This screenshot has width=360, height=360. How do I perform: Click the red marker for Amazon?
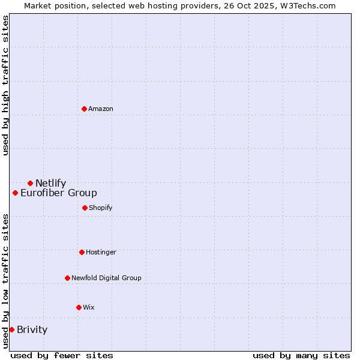tap(84, 109)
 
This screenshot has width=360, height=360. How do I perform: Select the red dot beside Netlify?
tap(30, 183)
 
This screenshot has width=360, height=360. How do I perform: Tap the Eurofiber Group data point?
tap(15, 193)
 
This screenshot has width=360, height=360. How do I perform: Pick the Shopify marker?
tap(85, 208)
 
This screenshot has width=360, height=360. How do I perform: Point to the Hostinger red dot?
tap(82, 252)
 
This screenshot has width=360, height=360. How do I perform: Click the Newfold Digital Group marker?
tap(67, 278)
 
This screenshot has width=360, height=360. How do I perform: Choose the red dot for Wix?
tap(79, 307)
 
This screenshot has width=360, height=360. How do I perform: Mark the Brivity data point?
tap(11, 329)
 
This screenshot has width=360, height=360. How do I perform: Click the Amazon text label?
tap(101, 109)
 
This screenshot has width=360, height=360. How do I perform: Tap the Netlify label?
tap(50, 184)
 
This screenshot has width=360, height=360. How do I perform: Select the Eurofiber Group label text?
tap(58, 193)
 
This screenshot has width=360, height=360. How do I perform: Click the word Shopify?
tap(100, 208)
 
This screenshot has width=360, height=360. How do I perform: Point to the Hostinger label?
tap(101, 253)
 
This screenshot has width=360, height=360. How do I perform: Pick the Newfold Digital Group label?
tap(106, 278)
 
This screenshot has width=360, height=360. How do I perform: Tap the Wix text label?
tap(88, 308)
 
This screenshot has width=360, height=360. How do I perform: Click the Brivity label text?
tap(32, 330)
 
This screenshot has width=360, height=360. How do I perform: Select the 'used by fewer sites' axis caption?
tap(62, 355)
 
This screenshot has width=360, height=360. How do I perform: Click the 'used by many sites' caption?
tap(301, 355)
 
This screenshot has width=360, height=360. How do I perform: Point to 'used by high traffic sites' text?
tap(5, 85)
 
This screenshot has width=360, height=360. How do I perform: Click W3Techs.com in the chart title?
tap(306, 5)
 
